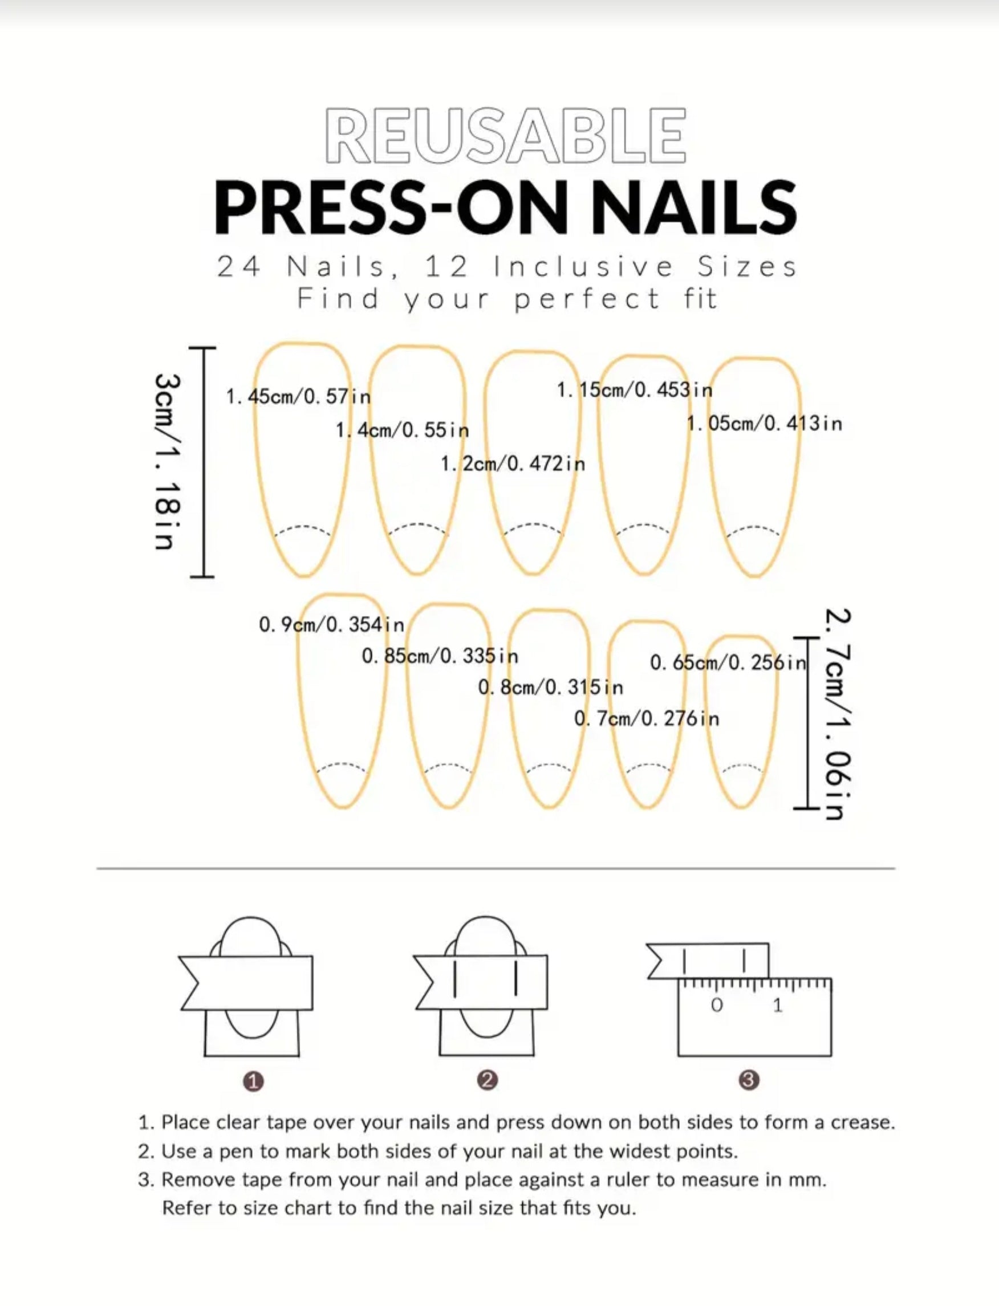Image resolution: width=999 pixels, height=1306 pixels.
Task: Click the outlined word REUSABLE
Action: coord(505,136)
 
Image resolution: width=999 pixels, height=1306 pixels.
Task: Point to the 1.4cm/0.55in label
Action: coord(402,429)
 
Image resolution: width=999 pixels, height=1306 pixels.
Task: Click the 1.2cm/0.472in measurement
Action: coord(513,463)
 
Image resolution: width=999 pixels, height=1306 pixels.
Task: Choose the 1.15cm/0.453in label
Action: coord(635,390)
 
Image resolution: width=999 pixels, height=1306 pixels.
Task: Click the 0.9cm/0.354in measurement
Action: coord(332,625)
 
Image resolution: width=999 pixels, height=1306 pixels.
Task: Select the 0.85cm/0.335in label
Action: coord(440,656)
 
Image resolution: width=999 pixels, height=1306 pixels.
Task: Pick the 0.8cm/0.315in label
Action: coord(551,688)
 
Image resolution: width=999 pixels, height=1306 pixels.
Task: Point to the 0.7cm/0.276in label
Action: coord(647,719)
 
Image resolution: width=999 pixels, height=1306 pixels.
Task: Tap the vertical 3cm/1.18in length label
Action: coord(166,461)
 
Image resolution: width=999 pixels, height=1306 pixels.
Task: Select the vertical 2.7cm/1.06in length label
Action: coord(838,714)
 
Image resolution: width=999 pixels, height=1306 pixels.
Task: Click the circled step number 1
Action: coord(253,1081)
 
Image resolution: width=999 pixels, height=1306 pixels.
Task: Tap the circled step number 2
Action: coord(488,1080)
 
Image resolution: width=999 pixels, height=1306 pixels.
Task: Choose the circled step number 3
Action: coord(749,1080)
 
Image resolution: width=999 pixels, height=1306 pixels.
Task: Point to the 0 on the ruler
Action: coord(717,1005)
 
